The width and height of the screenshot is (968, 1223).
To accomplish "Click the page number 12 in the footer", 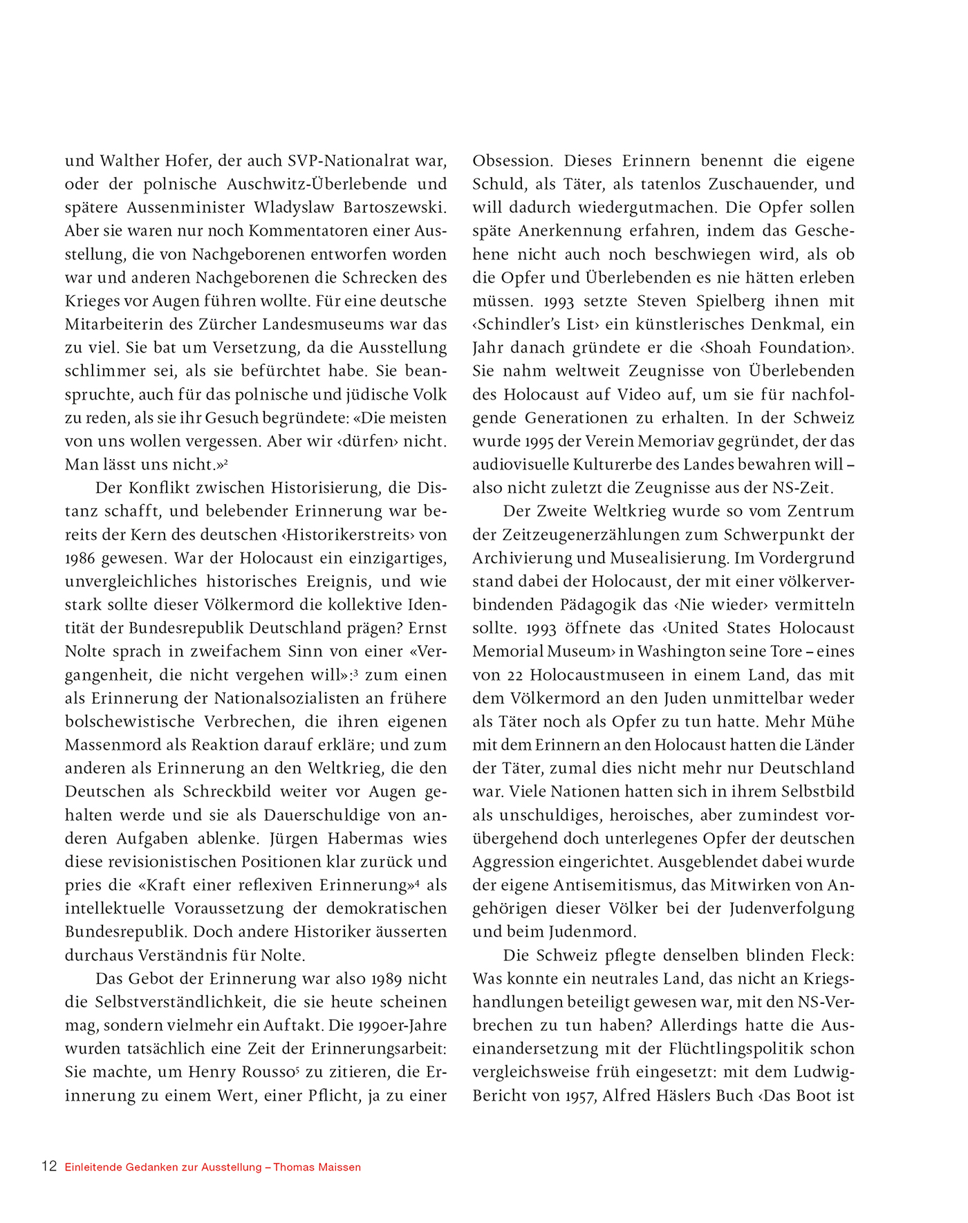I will coord(48,1166).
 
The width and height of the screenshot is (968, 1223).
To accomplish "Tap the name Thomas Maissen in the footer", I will coord(317,1167).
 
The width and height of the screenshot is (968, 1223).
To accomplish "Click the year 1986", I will coord(80,559).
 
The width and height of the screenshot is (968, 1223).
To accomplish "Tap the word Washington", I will coord(702,652).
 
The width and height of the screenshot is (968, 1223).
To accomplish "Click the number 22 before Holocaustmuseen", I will coord(508,675).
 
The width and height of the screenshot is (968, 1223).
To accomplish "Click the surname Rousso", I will coord(268,1072).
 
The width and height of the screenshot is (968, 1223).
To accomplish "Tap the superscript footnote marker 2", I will coord(226,461).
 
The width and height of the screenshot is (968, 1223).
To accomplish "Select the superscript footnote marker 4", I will coord(418,882).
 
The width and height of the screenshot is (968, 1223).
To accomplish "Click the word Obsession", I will coord(512,161).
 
